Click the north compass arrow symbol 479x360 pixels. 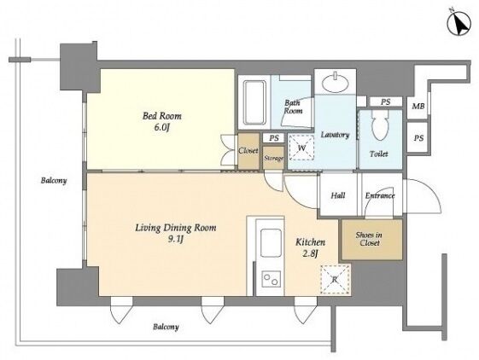tap(459, 24)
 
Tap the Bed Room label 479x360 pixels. tap(162, 116)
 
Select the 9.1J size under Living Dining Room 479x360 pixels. tap(175, 240)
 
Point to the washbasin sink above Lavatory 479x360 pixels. tap(336, 83)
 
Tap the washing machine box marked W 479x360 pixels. tap(301, 148)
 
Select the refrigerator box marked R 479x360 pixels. tap(335, 280)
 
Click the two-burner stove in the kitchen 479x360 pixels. tap(272, 279)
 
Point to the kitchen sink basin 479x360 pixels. tap(271, 243)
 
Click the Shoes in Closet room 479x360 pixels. tap(371, 240)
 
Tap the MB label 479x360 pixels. tap(418, 107)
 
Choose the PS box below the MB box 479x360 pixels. tap(418, 137)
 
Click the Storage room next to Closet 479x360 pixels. tap(273, 158)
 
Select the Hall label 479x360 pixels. tap(338, 195)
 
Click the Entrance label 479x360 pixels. tap(380, 195)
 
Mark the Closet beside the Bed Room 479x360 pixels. tap(248, 151)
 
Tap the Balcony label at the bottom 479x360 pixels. tap(166, 327)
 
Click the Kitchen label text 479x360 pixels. tap(310, 242)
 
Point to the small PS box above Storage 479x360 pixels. tap(274, 138)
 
